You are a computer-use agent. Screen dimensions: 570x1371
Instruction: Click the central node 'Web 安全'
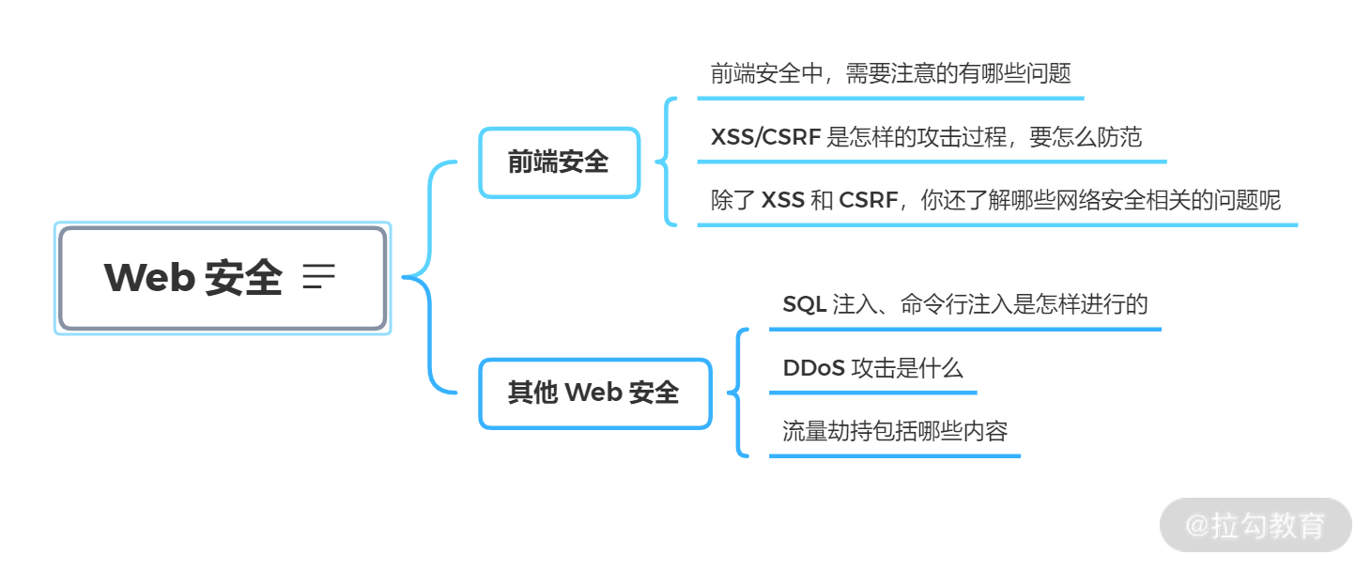[x=222, y=278]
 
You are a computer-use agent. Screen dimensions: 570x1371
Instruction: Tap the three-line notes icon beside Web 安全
[x=319, y=277]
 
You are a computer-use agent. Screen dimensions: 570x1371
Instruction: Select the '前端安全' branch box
[x=559, y=162]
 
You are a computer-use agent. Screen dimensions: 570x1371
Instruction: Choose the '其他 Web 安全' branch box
[x=594, y=393]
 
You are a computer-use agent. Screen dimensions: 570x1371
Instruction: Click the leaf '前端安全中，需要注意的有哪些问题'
[x=890, y=73]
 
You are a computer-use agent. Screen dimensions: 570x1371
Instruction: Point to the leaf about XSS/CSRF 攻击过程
[x=926, y=137]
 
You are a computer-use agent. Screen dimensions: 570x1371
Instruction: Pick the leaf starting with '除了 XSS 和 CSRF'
[x=995, y=200]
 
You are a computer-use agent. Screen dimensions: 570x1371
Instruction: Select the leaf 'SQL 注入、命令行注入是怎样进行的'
[x=964, y=304]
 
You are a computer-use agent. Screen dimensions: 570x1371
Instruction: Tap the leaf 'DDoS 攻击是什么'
[x=872, y=368]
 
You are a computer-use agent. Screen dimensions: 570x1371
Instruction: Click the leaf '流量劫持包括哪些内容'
[x=894, y=431]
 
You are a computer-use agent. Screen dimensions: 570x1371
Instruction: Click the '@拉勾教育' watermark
[x=1255, y=525]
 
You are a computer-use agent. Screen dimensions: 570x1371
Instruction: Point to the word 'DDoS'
[x=813, y=368]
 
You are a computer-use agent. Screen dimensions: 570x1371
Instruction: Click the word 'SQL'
[x=805, y=304]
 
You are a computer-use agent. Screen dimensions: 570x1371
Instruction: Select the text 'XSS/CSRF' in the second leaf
[x=766, y=137]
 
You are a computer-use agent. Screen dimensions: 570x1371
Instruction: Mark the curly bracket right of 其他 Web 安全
[x=739, y=393]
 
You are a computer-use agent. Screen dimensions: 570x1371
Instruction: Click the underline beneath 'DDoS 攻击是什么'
[x=872, y=393]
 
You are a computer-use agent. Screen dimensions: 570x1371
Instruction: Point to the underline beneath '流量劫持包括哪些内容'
[x=894, y=456]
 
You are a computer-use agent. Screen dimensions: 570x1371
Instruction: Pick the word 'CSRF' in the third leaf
[x=869, y=200]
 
